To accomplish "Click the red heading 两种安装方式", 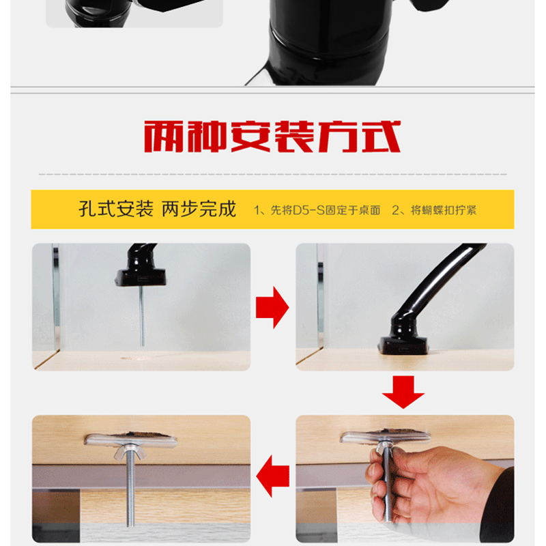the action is tap(272, 136).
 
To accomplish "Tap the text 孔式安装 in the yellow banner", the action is tap(116, 210).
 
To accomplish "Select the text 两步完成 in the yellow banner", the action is tap(199, 210).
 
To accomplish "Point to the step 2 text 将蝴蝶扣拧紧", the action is tap(444, 210).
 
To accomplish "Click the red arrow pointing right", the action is tap(272, 308).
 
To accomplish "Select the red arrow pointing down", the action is tap(403, 392).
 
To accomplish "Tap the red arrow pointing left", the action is tap(272, 476).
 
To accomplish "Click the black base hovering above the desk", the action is tap(141, 278).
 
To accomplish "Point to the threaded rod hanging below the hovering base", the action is tap(142, 316).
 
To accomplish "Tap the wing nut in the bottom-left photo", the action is tap(129, 452).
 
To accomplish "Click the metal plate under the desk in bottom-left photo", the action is tap(130, 440).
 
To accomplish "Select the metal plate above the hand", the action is tap(385, 437).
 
